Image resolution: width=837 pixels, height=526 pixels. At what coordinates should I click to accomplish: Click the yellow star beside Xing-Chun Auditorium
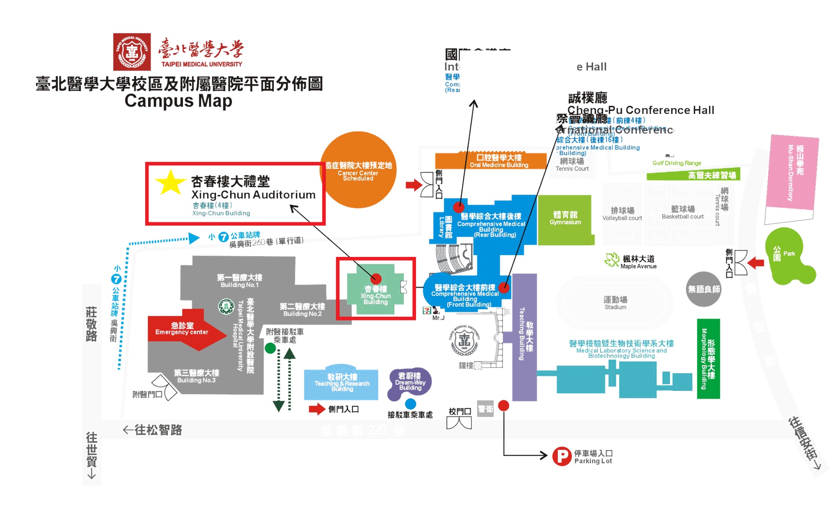(170, 182)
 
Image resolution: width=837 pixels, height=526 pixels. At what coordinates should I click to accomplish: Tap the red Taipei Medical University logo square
(132, 52)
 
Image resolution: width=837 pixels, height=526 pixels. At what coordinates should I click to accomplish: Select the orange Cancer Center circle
(358, 169)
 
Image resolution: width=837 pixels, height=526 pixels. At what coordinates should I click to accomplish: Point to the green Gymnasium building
(565, 219)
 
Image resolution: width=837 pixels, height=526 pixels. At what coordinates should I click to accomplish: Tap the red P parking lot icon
(562, 457)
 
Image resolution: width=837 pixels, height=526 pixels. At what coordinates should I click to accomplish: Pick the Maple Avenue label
(638, 262)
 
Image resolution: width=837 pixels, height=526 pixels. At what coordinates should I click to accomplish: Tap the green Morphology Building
(708, 359)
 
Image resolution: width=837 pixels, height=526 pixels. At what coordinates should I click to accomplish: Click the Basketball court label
(683, 212)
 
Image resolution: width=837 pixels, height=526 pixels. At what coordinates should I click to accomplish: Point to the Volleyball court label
(622, 214)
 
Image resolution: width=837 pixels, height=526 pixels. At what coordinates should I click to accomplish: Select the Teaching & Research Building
(341, 384)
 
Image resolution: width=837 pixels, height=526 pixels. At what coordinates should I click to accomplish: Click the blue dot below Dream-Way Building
(411, 404)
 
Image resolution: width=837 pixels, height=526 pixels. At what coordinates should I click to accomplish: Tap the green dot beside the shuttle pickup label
(270, 348)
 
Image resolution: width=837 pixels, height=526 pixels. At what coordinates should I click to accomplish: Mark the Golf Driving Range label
(677, 163)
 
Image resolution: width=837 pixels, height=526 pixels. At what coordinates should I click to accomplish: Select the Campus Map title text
(178, 101)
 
